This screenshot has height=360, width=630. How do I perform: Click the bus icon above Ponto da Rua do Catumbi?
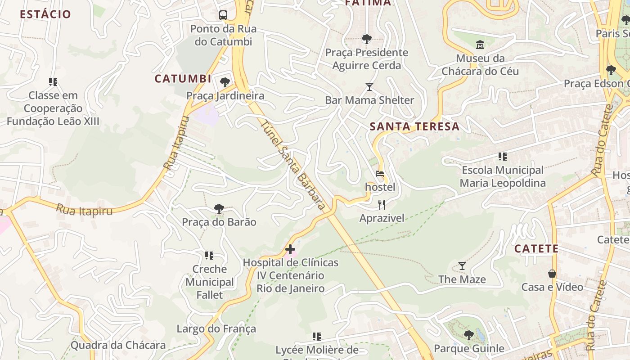point(223,15)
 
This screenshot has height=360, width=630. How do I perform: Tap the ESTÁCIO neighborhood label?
point(45,14)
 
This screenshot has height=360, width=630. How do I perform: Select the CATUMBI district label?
point(183,79)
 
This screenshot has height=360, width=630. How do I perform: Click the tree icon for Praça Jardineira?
point(225,82)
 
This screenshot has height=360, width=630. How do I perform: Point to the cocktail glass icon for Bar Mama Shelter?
point(369,87)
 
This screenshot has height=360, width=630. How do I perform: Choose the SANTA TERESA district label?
point(414,126)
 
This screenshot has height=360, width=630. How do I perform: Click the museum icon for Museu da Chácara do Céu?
point(480,45)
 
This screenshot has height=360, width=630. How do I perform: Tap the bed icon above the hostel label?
point(380,174)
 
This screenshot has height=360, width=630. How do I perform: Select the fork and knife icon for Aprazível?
point(382,205)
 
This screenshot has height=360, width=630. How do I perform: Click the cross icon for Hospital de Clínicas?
point(290,249)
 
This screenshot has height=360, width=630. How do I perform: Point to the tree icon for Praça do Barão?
point(219,209)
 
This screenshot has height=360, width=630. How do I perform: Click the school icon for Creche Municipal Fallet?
point(209,256)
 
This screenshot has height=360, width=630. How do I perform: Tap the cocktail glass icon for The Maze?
point(462,266)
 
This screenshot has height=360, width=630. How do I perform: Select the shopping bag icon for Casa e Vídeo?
point(552,274)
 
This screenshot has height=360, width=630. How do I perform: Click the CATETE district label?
point(536,248)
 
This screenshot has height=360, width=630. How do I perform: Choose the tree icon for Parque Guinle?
point(468,335)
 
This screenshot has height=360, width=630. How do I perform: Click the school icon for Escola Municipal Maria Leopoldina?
point(503,157)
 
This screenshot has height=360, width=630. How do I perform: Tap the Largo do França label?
point(216,328)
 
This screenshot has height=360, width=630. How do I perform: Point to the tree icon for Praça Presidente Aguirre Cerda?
point(367,39)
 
